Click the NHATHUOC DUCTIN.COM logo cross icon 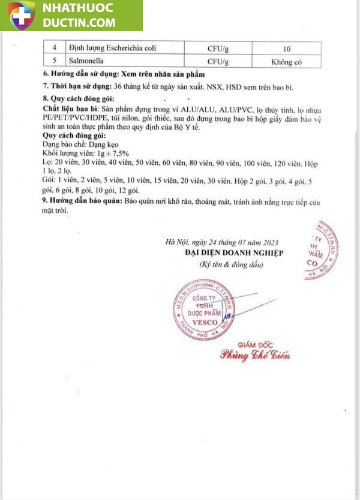22,15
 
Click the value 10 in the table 287,48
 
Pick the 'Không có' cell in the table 287,61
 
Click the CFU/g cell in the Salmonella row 218,61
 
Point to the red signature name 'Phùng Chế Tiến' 255,356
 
